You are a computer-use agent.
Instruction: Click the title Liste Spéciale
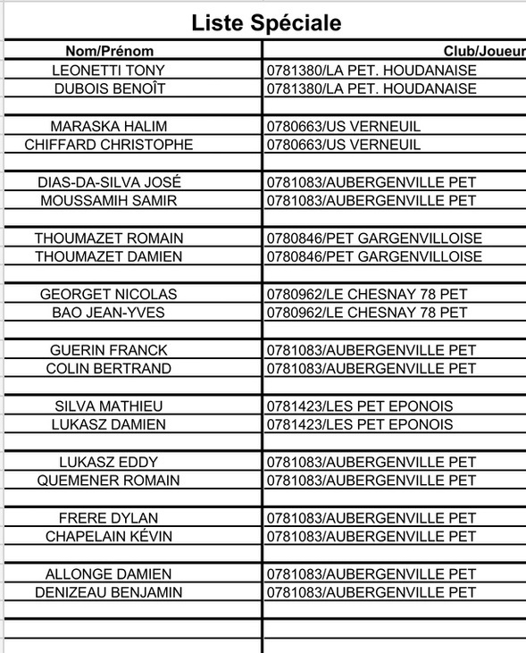(266, 23)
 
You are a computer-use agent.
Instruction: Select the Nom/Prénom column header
(109, 51)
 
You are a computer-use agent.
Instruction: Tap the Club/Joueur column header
(483, 51)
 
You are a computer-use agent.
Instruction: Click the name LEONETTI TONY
(109, 70)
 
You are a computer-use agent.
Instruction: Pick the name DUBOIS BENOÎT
(109, 88)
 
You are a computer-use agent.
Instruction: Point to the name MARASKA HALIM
(109, 126)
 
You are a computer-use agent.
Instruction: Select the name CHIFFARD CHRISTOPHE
(109, 145)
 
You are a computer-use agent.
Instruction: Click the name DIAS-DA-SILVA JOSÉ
(109, 182)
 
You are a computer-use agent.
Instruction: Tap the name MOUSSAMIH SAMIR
(109, 201)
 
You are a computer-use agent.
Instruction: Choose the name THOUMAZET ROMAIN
(109, 239)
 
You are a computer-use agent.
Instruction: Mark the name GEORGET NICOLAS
(109, 294)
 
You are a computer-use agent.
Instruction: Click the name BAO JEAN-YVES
(109, 313)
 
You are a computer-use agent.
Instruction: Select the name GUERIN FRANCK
(109, 350)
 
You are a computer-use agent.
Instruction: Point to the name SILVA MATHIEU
(109, 406)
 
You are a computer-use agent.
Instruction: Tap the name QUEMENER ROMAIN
(109, 481)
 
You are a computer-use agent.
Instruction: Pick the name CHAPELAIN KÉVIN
(109, 536)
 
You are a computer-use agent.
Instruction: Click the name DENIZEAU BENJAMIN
(109, 592)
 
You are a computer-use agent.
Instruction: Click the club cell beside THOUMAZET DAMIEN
(374, 257)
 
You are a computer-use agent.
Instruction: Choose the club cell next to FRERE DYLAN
(372, 518)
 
